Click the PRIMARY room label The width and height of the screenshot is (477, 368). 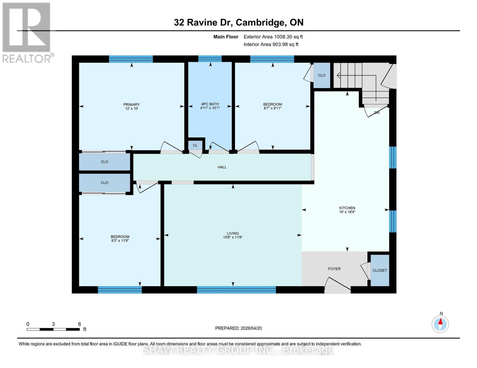(131, 105)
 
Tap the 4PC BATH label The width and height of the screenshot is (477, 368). (210, 104)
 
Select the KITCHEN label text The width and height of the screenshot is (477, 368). (347, 208)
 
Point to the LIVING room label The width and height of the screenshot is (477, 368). (233, 233)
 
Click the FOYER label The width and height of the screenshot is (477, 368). (334, 269)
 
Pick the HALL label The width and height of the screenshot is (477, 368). (222, 167)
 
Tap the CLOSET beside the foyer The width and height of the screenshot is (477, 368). (380, 270)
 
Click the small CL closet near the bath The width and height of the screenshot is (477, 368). (195, 145)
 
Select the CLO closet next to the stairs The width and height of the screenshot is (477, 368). (322, 75)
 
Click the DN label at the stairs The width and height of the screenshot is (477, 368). (377, 113)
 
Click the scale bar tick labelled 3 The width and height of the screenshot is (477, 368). (53, 324)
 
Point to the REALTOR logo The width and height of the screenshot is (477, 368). (27, 32)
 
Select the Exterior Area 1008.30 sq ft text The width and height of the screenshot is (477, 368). (273, 37)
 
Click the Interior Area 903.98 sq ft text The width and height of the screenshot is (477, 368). (271, 44)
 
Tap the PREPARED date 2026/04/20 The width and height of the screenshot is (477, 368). (238, 328)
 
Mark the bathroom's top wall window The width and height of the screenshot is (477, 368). (210, 59)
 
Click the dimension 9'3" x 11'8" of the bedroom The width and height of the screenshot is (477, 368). (120, 241)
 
